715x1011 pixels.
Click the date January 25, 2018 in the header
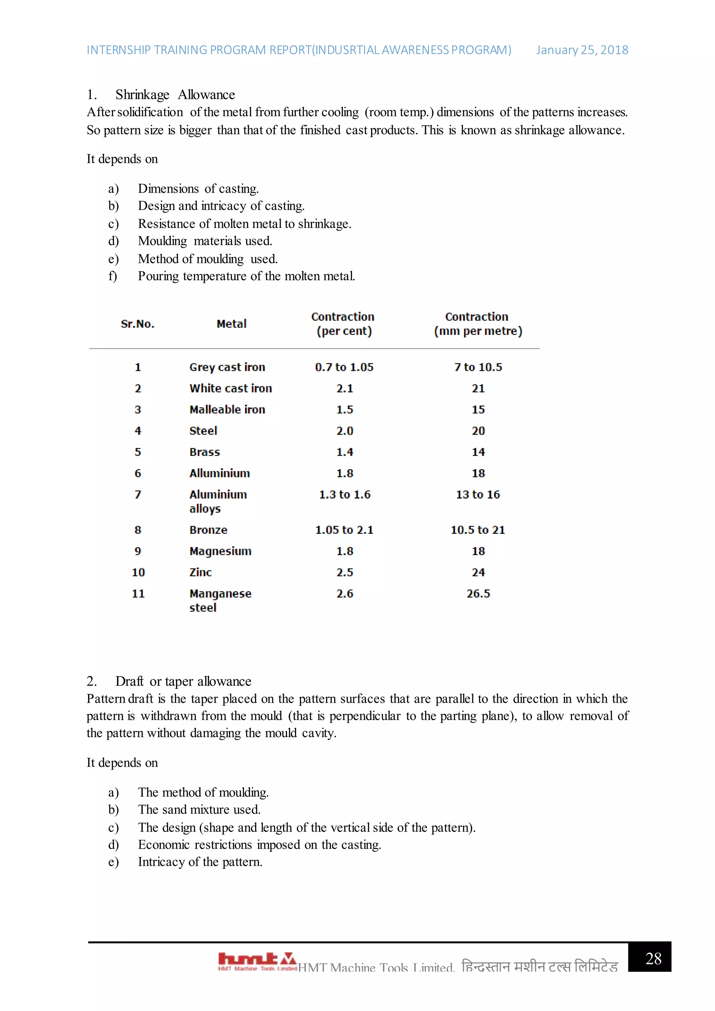pos(582,50)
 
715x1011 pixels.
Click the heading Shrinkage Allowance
pos(175,95)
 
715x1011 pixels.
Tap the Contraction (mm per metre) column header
pos(478,324)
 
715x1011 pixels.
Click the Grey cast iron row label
pos(227,367)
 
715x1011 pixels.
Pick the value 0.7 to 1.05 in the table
pos(344,367)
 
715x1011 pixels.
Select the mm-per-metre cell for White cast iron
pos(478,388)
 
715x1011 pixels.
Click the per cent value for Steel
pos(345,431)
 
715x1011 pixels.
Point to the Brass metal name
pos(204,452)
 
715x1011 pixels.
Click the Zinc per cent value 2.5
pos(345,573)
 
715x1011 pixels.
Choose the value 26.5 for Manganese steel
pos(478,593)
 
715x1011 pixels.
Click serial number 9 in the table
pos(138,551)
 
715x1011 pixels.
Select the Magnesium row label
pos(220,551)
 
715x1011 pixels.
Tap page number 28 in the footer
pos(653,959)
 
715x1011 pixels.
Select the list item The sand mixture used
pos(199,809)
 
